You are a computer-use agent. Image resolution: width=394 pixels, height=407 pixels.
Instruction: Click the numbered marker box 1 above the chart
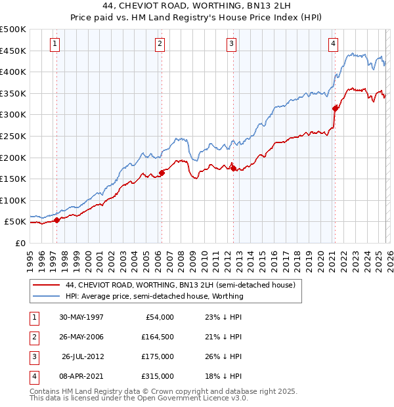pos(54,44)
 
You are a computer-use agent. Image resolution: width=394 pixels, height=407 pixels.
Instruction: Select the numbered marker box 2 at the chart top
pos(160,44)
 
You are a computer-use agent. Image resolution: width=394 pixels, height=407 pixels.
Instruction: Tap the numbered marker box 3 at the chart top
pos(232,44)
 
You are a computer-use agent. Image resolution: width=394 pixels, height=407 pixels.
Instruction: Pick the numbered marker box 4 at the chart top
pos(334,44)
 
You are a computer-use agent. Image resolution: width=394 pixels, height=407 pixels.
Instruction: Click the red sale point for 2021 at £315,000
pos(335,108)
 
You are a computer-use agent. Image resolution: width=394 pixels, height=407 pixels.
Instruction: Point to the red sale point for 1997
pos(57,220)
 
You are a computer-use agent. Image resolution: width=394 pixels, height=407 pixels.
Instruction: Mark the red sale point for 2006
pos(162,173)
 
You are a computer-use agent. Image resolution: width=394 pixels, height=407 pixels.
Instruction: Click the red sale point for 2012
pos(234,168)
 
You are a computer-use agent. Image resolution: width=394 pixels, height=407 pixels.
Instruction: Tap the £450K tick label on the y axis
pos(13,51)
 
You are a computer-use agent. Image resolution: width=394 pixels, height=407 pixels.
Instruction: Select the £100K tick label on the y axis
pos(13,200)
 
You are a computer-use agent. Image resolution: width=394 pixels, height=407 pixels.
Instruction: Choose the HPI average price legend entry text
pos(154,296)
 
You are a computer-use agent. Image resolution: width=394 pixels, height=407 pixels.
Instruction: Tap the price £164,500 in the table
pos(158,337)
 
